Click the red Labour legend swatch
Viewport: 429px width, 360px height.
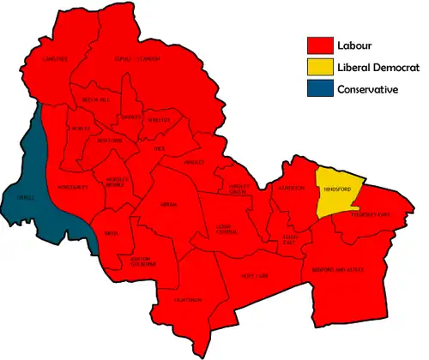(319, 45)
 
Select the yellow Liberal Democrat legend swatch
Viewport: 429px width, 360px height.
(319, 67)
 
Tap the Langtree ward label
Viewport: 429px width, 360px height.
(43, 59)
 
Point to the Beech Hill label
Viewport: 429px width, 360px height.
(95, 100)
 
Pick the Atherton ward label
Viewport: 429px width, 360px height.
(292, 188)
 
